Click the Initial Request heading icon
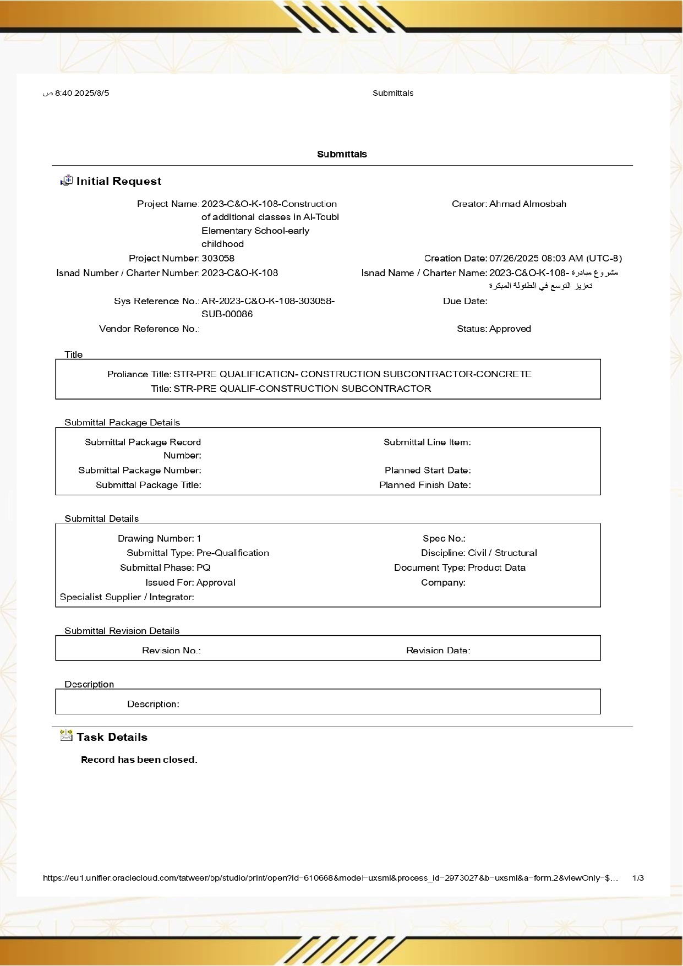point(67,181)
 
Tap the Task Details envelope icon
point(67,736)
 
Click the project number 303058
point(218,258)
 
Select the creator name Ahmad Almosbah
point(527,204)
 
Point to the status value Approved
point(510,329)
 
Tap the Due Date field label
point(465,301)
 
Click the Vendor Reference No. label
point(149,329)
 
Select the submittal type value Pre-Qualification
point(233,553)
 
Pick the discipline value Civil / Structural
point(502,553)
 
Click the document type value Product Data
point(496,567)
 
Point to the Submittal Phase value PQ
point(204,567)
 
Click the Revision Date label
point(438,651)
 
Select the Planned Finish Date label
point(425,485)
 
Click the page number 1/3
point(638,878)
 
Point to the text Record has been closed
point(139,760)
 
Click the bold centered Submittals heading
point(342,154)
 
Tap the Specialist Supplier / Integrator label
point(127,597)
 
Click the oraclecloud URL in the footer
point(330,878)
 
